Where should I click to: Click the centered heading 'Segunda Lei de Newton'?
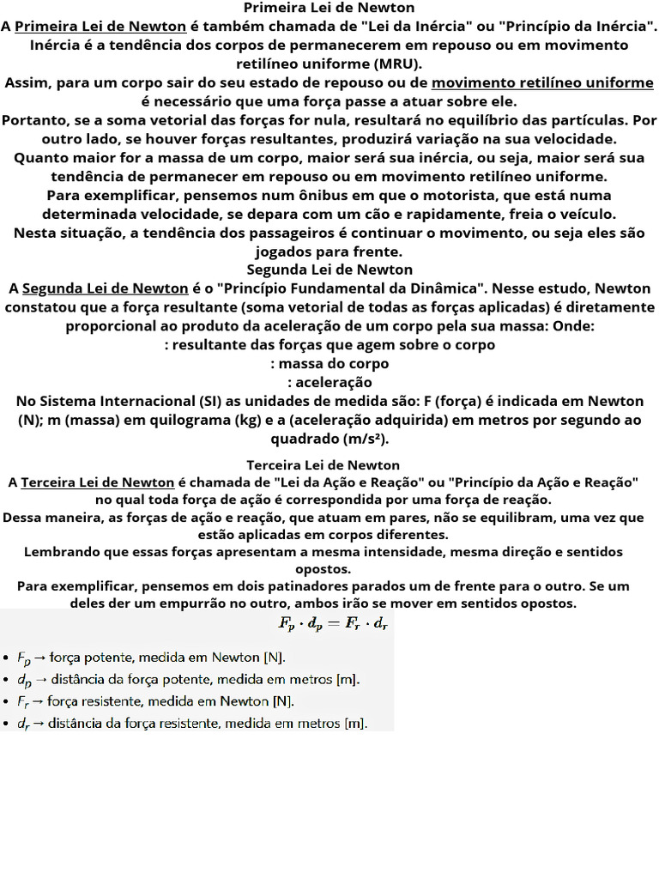coord(329,270)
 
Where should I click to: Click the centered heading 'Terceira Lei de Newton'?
coord(329,465)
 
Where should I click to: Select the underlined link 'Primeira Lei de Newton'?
coord(100,26)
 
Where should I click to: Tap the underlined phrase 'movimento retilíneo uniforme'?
coord(542,82)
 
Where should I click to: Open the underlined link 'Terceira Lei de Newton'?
coord(98,482)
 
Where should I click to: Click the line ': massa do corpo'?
coord(329,363)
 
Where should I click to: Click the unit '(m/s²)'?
coord(364,439)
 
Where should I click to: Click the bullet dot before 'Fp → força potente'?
coord(6,658)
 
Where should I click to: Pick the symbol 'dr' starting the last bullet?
coord(22,724)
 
